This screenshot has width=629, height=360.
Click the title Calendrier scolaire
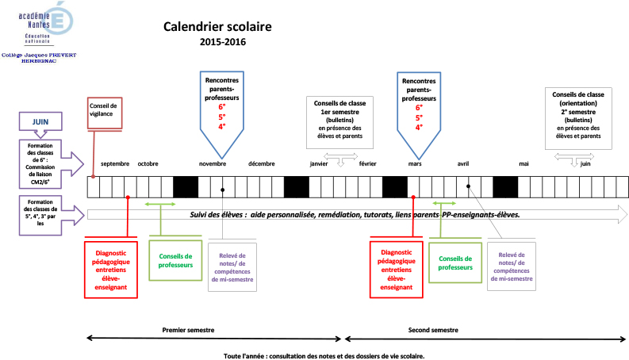[x=217, y=26]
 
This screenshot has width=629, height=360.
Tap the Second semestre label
[x=433, y=329]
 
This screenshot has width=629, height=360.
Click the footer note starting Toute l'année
[x=324, y=355]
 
